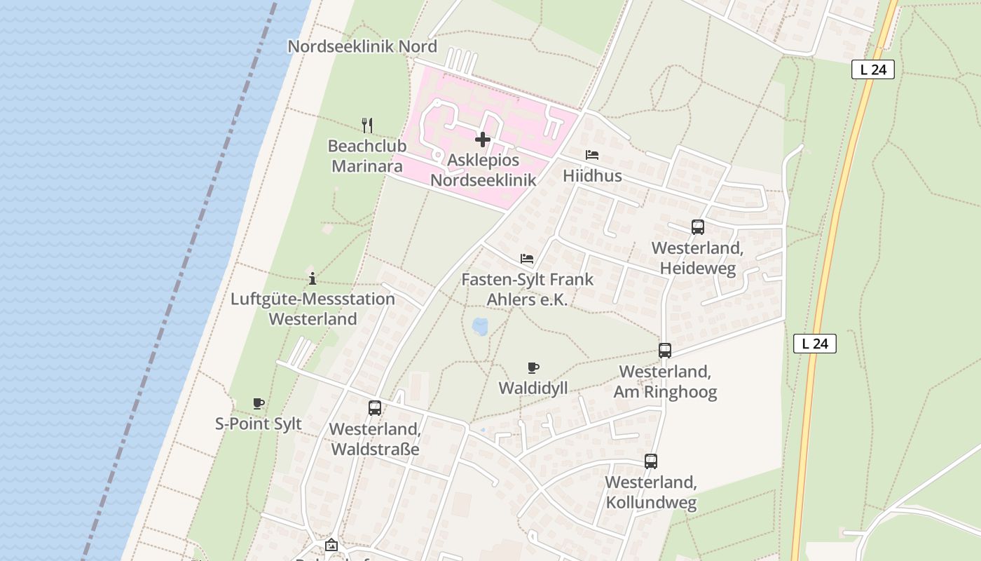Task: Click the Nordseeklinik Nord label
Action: click(x=362, y=47)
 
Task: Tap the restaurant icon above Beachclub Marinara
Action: click(x=367, y=126)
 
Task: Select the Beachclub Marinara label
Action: click(x=366, y=156)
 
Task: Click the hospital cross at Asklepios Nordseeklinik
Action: click(x=483, y=140)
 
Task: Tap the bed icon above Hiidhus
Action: click(x=592, y=155)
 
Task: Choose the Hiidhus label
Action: click(x=592, y=176)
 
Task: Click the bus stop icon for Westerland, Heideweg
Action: click(x=697, y=227)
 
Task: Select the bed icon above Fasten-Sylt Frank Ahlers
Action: click(x=527, y=259)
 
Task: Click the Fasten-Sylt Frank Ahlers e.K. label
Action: click(x=527, y=290)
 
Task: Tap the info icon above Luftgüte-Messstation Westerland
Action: click(x=313, y=278)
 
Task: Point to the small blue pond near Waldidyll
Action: click(x=481, y=326)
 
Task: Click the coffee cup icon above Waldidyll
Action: click(x=533, y=367)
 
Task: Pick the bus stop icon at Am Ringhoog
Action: click(x=664, y=351)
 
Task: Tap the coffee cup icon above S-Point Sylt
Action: click(x=259, y=403)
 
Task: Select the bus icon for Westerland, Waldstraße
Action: click(x=375, y=408)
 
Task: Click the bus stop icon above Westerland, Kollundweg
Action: click(x=651, y=461)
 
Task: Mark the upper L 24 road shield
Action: click(x=873, y=70)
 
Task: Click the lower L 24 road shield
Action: click(x=815, y=344)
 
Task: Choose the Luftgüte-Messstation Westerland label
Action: click(x=313, y=309)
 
